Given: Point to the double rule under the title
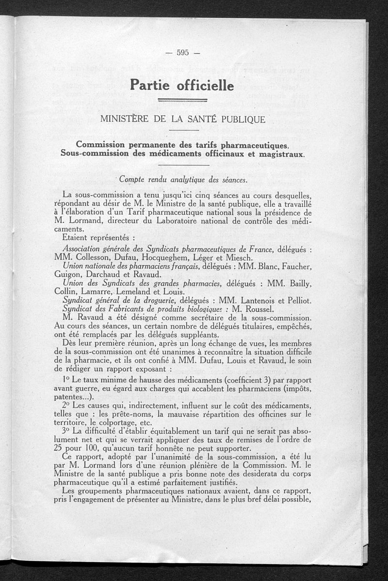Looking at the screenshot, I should point(183,101).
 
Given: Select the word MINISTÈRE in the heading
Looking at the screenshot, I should point(125,119).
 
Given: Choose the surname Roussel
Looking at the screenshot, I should point(257,309).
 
